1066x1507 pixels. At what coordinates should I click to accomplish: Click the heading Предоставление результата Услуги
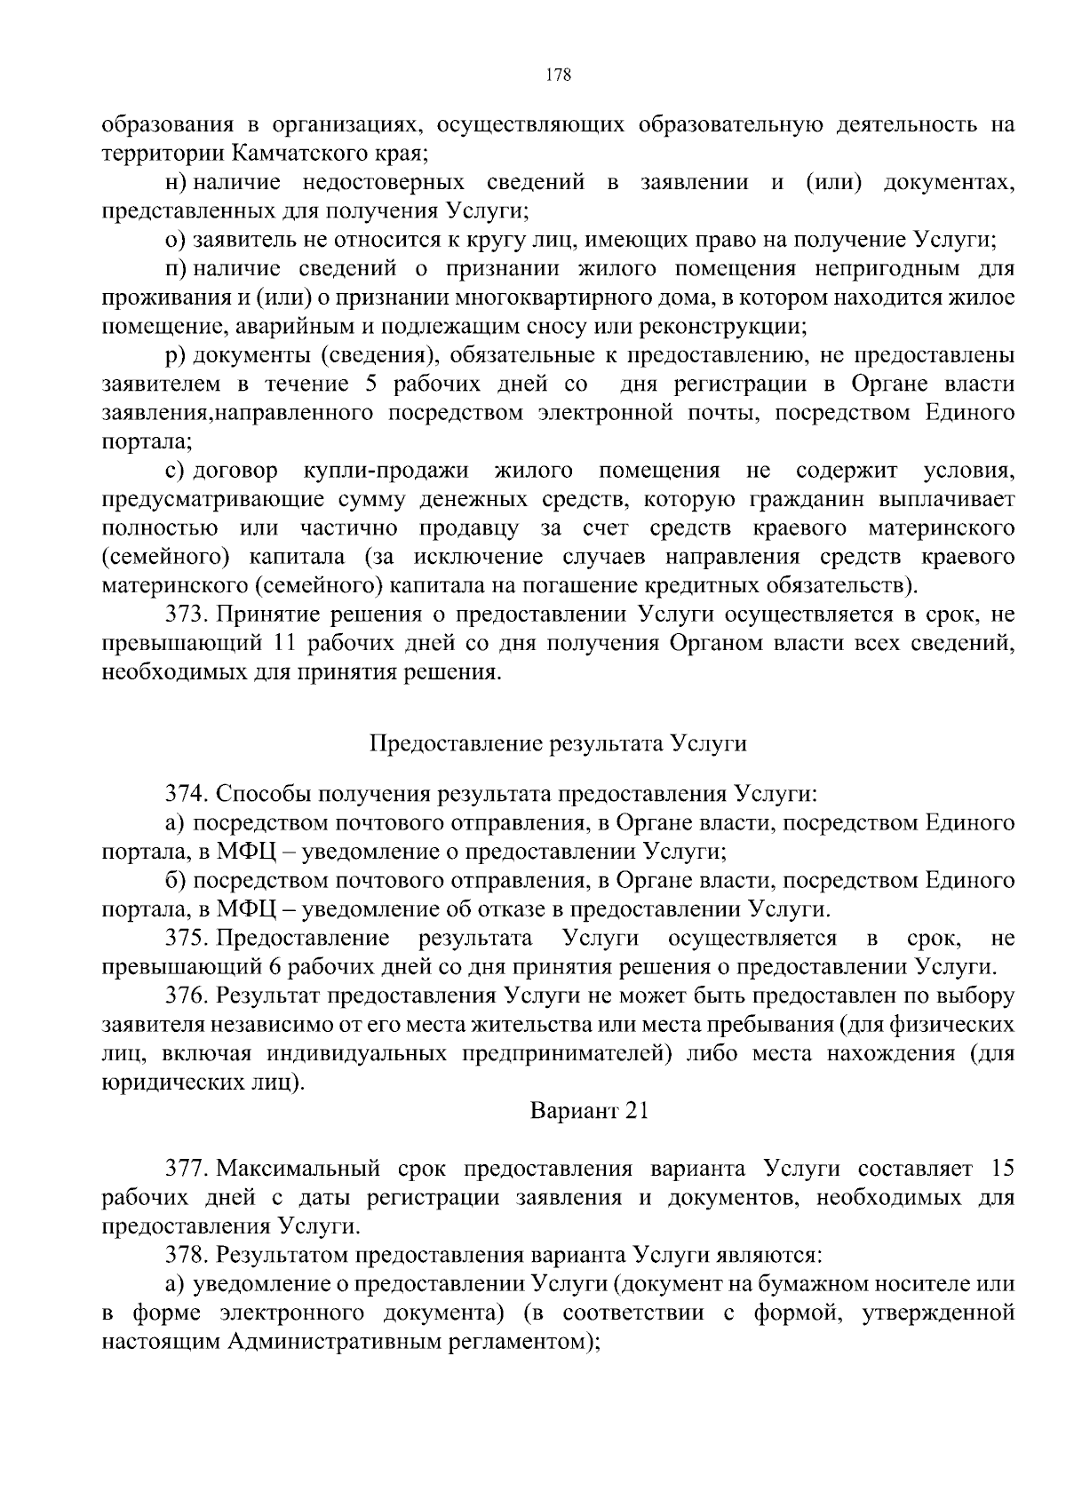click(x=557, y=743)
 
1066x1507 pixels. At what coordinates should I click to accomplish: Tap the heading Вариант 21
click(x=590, y=1111)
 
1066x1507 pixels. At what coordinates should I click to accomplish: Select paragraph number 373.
click(x=188, y=615)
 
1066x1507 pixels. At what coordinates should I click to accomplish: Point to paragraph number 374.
click(x=188, y=794)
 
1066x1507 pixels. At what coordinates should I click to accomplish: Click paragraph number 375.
click(x=188, y=939)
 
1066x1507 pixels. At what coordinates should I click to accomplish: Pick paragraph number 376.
click(x=188, y=995)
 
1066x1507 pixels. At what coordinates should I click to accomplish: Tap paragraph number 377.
click(x=188, y=1168)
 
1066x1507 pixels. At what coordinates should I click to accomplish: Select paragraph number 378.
click(x=188, y=1255)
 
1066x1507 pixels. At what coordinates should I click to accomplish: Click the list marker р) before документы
click(x=175, y=355)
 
